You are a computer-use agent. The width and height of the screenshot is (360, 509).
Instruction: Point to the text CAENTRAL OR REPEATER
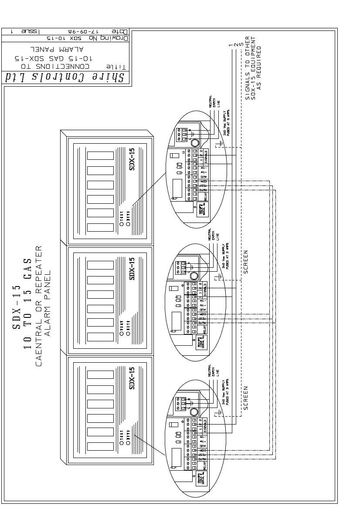[38, 305]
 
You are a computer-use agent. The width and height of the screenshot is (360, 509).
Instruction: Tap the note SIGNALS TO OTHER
[248, 68]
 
